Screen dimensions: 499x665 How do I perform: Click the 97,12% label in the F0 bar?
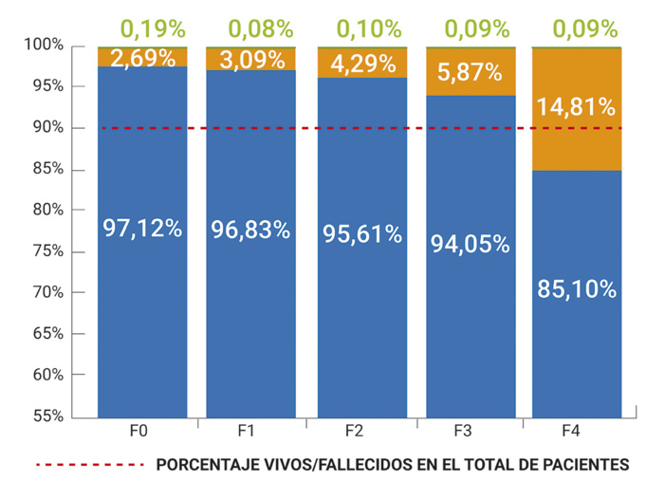[x=142, y=229]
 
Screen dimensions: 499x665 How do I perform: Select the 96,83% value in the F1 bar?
[x=250, y=230]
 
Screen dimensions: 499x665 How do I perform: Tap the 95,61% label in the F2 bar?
[x=361, y=234]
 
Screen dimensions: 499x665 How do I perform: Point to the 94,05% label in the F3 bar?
[x=470, y=243]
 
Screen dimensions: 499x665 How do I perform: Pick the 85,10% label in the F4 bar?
[x=577, y=288]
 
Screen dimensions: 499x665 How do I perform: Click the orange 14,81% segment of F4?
[x=577, y=106]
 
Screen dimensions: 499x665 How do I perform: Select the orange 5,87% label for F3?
[x=470, y=72]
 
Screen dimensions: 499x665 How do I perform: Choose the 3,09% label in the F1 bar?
[x=250, y=61]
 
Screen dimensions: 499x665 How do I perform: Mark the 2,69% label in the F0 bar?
[x=142, y=60]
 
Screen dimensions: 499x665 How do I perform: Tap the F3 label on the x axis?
[x=464, y=431]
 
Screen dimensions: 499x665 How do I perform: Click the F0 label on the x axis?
[x=139, y=431]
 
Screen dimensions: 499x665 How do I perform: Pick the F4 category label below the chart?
[x=572, y=431]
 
